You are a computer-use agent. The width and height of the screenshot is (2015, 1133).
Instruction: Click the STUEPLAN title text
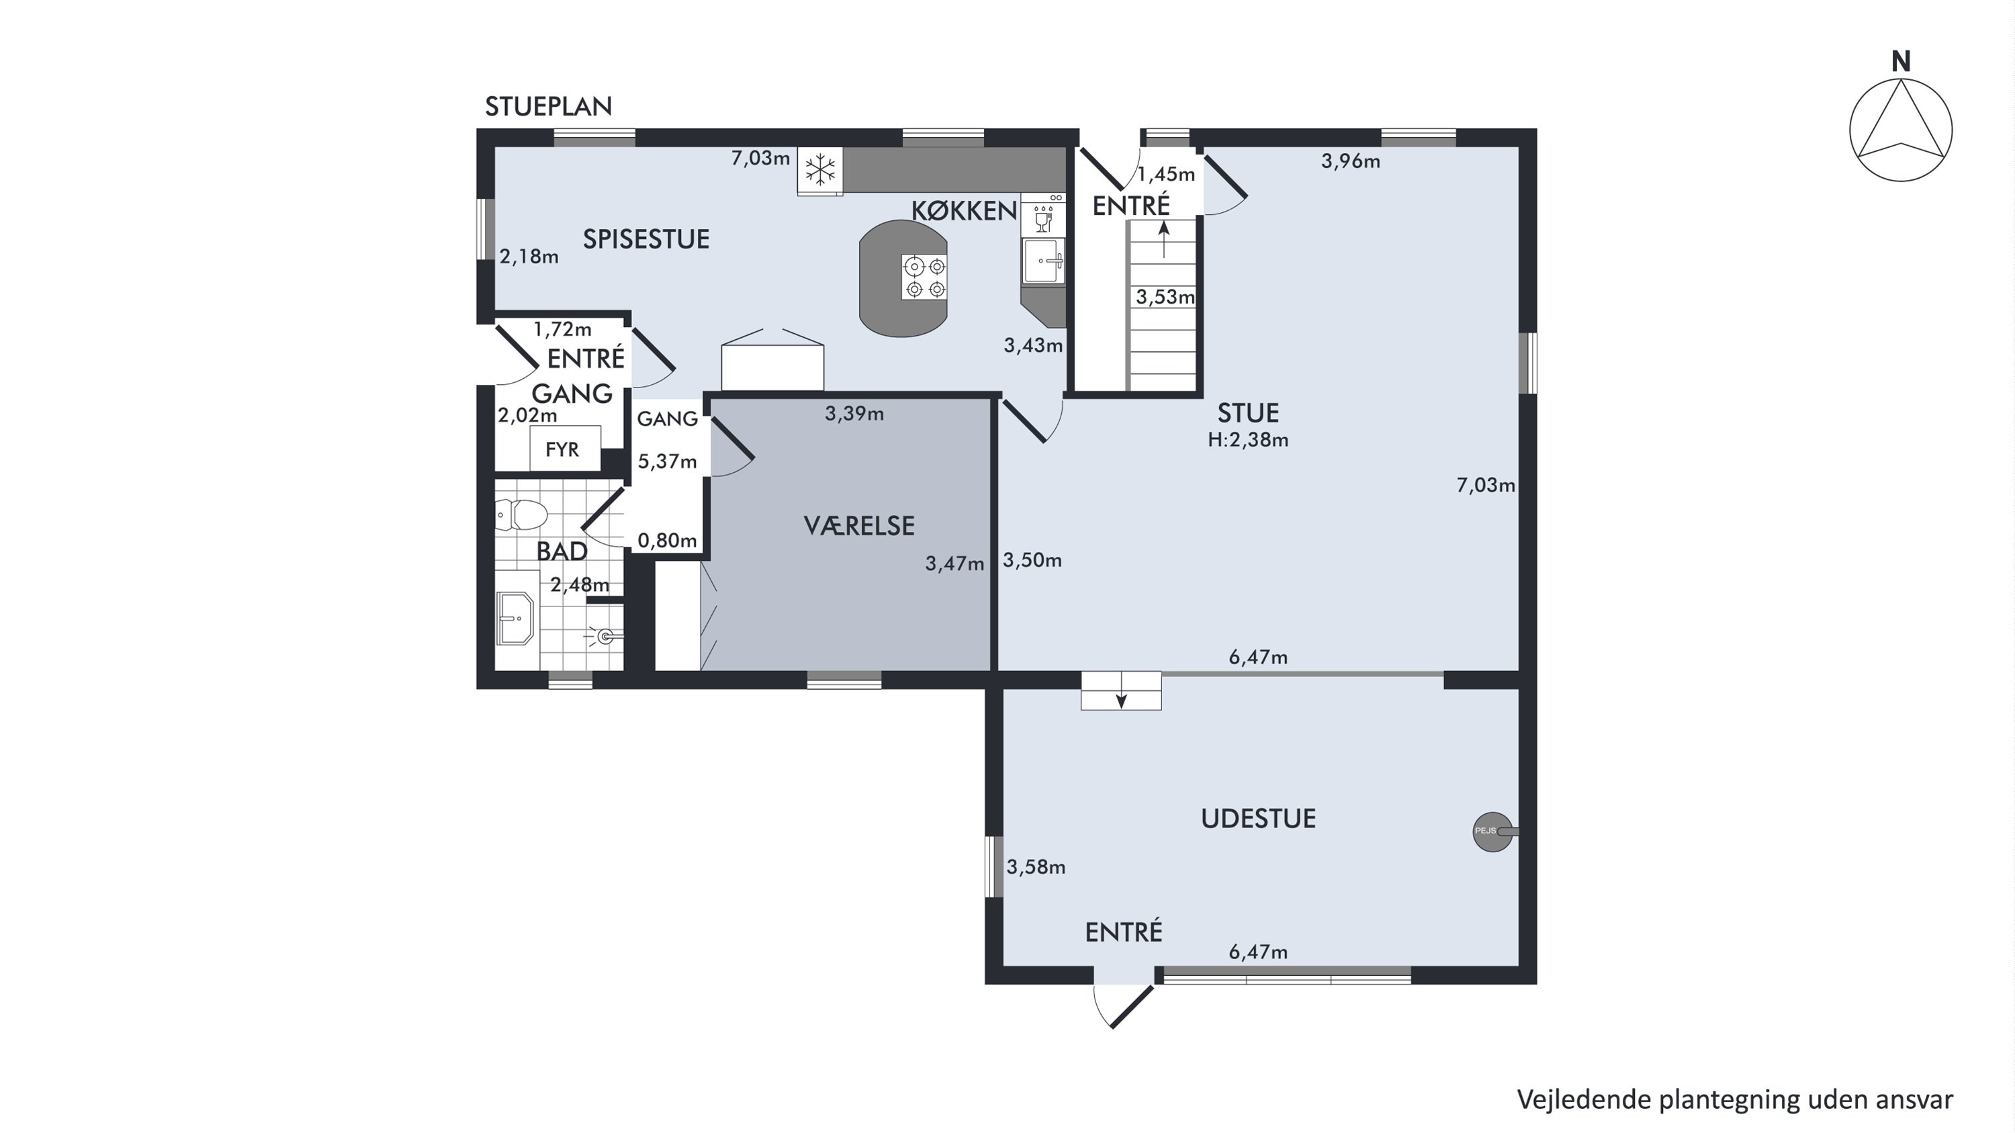pos(548,106)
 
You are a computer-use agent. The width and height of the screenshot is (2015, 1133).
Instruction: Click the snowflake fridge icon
pos(819,170)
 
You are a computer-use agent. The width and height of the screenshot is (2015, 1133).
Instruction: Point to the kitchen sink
pos(1042,261)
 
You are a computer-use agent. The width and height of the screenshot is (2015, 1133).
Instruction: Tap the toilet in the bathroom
pos(522,514)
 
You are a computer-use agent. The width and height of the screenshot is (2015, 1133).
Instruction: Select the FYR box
pos(565,448)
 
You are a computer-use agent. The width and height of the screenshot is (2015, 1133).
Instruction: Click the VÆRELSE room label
pos(859,525)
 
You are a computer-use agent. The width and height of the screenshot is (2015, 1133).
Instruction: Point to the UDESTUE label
pos(1258,819)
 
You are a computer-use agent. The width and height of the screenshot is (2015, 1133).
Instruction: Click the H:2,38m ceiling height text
pos(1248,440)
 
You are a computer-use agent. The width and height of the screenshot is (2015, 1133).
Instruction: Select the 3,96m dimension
pos(1350,162)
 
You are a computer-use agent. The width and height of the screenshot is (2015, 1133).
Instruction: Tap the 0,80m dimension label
pos(666,540)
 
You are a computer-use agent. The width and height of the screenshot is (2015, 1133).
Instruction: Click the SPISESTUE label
pos(646,239)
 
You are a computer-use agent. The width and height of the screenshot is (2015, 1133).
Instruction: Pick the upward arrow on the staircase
pos(1164,238)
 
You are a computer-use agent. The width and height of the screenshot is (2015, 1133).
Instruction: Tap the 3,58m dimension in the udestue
pos(1036,867)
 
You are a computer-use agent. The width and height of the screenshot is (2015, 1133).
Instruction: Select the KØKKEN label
pos(964,210)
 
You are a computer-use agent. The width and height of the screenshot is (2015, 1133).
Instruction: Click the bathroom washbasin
pos(514,618)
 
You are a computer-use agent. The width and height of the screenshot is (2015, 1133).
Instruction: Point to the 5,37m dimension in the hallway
pos(667,461)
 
